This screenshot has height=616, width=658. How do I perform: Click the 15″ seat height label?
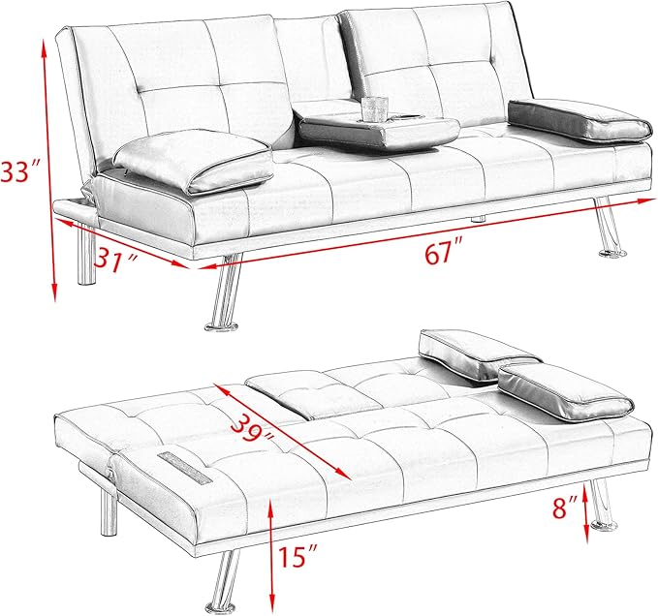pos(298,556)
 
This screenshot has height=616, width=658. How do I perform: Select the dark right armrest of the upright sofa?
pos(580,120)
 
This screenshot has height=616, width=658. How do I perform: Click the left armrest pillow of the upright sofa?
pos(193,161)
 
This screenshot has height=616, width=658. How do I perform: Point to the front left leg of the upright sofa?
pos(225,293)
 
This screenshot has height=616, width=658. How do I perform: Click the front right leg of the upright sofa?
pos(610,227)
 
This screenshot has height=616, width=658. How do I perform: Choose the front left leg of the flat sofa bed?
pos(223,583)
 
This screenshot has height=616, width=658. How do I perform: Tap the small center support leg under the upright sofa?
pos(479,219)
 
